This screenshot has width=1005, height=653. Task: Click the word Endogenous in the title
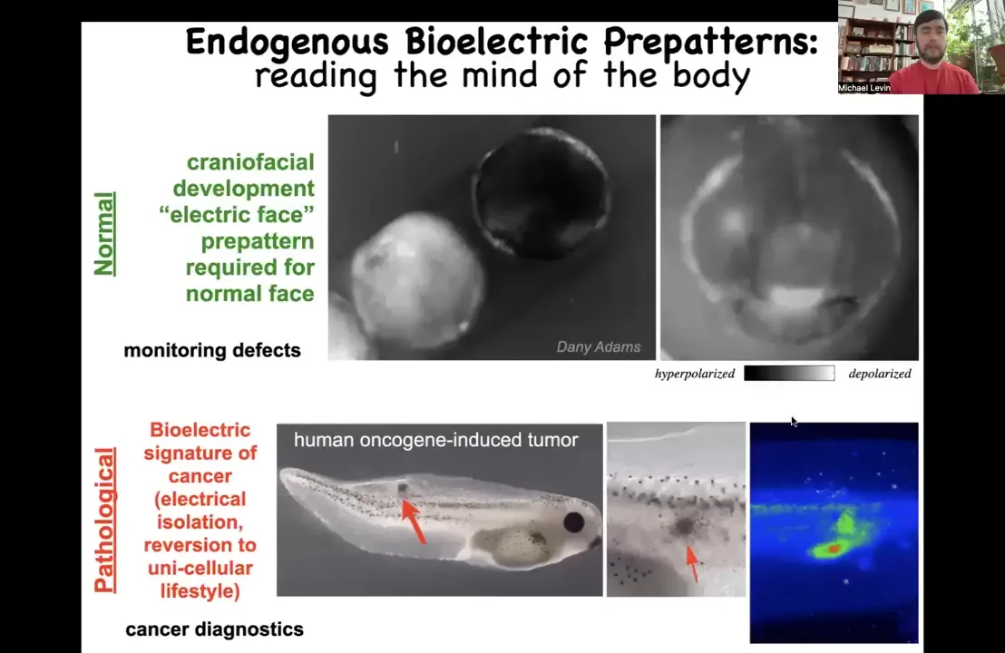tap(288, 43)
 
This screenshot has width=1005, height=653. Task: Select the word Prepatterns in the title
tap(710, 43)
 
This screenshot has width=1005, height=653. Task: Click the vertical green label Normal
tap(104, 234)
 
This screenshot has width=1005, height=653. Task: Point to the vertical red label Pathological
tap(105, 520)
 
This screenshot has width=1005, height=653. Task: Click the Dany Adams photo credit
tap(598, 346)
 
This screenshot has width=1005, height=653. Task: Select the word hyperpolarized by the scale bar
tap(695, 374)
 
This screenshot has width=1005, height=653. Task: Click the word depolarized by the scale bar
tap(880, 374)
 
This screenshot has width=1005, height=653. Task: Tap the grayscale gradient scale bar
tap(789, 374)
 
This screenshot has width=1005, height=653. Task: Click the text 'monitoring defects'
tap(212, 350)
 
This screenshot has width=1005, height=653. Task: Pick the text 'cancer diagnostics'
tap(215, 629)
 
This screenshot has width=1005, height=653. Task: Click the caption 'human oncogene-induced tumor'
tap(436, 440)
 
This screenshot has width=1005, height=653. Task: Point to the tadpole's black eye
tap(573, 522)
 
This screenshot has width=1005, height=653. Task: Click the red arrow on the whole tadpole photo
tap(414, 521)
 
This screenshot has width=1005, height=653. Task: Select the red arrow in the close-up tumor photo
tap(692, 564)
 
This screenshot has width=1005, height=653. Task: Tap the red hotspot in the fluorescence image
tap(834, 550)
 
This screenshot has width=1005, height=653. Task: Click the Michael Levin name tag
tap(864, 88)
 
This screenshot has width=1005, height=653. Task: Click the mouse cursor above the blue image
tap(795, 422)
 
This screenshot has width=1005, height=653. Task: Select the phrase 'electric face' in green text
tap(237, 215)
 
